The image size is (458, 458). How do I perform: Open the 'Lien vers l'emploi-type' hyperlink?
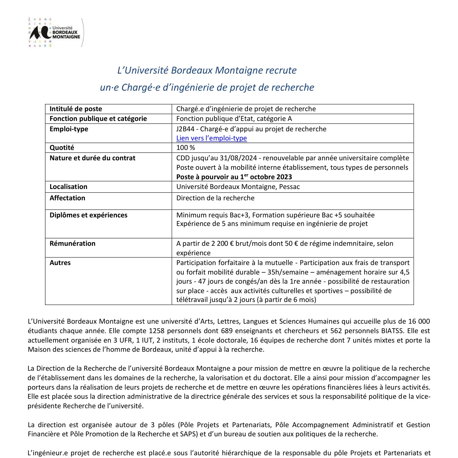(x=212, y=138)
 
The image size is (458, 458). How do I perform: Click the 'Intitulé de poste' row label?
(x=76, y=109)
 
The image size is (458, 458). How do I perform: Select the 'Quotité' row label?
(x=62, y=148)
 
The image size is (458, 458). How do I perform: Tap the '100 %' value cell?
(x=186, y=148)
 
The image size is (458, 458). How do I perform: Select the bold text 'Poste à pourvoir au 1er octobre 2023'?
(x=234, y=177)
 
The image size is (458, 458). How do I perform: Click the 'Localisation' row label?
(x=68, y=187)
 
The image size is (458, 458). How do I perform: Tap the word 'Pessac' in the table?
(x=289, y=187)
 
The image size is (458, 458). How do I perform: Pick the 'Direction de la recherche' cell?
(x=215, y=198)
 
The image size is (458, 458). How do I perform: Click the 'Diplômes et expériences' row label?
(x=88, y=215)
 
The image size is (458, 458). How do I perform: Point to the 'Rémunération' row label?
(x=72, y=244)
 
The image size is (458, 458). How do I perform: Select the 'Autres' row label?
(x=60, y=263)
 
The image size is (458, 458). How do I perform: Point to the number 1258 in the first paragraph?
(x=158, y=331)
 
